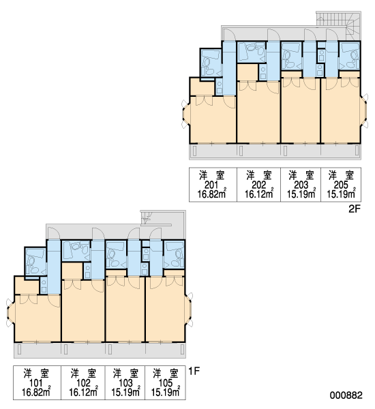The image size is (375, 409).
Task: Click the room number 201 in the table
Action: (211, 185)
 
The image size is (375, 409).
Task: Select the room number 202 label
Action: (259, 185)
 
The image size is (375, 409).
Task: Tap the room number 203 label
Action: (301, 185)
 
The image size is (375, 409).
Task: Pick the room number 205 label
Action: (341, 185)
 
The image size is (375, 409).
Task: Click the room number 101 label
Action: (35, 383)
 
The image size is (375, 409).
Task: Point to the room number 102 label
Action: (83, 383)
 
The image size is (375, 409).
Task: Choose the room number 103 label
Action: (125, 383)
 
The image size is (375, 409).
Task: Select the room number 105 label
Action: (166, 383)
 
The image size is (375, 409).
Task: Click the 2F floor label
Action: (355, 209)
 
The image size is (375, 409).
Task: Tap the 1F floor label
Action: (194, 371)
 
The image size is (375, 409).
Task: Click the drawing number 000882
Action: (346, 395)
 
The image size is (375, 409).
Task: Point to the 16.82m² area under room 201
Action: (212, 194)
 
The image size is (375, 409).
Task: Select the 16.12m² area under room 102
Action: (83, 392)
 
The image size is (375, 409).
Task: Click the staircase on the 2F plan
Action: (338, 26)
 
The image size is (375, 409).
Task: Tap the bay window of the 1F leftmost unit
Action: (10, 312)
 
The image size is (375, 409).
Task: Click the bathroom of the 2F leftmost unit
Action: (211, 63)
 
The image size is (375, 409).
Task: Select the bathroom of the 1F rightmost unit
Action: (174, 254)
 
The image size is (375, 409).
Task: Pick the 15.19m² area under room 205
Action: (341, 194)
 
